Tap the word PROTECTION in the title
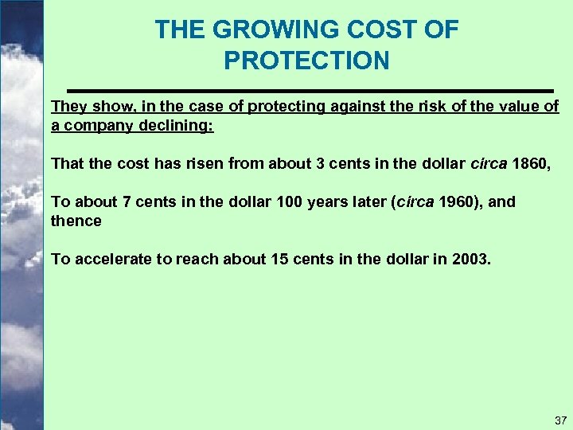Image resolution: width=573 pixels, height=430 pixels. [306, 61]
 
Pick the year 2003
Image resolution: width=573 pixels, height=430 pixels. [473, 259]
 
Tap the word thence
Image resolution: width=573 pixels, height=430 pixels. [76, 221]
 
